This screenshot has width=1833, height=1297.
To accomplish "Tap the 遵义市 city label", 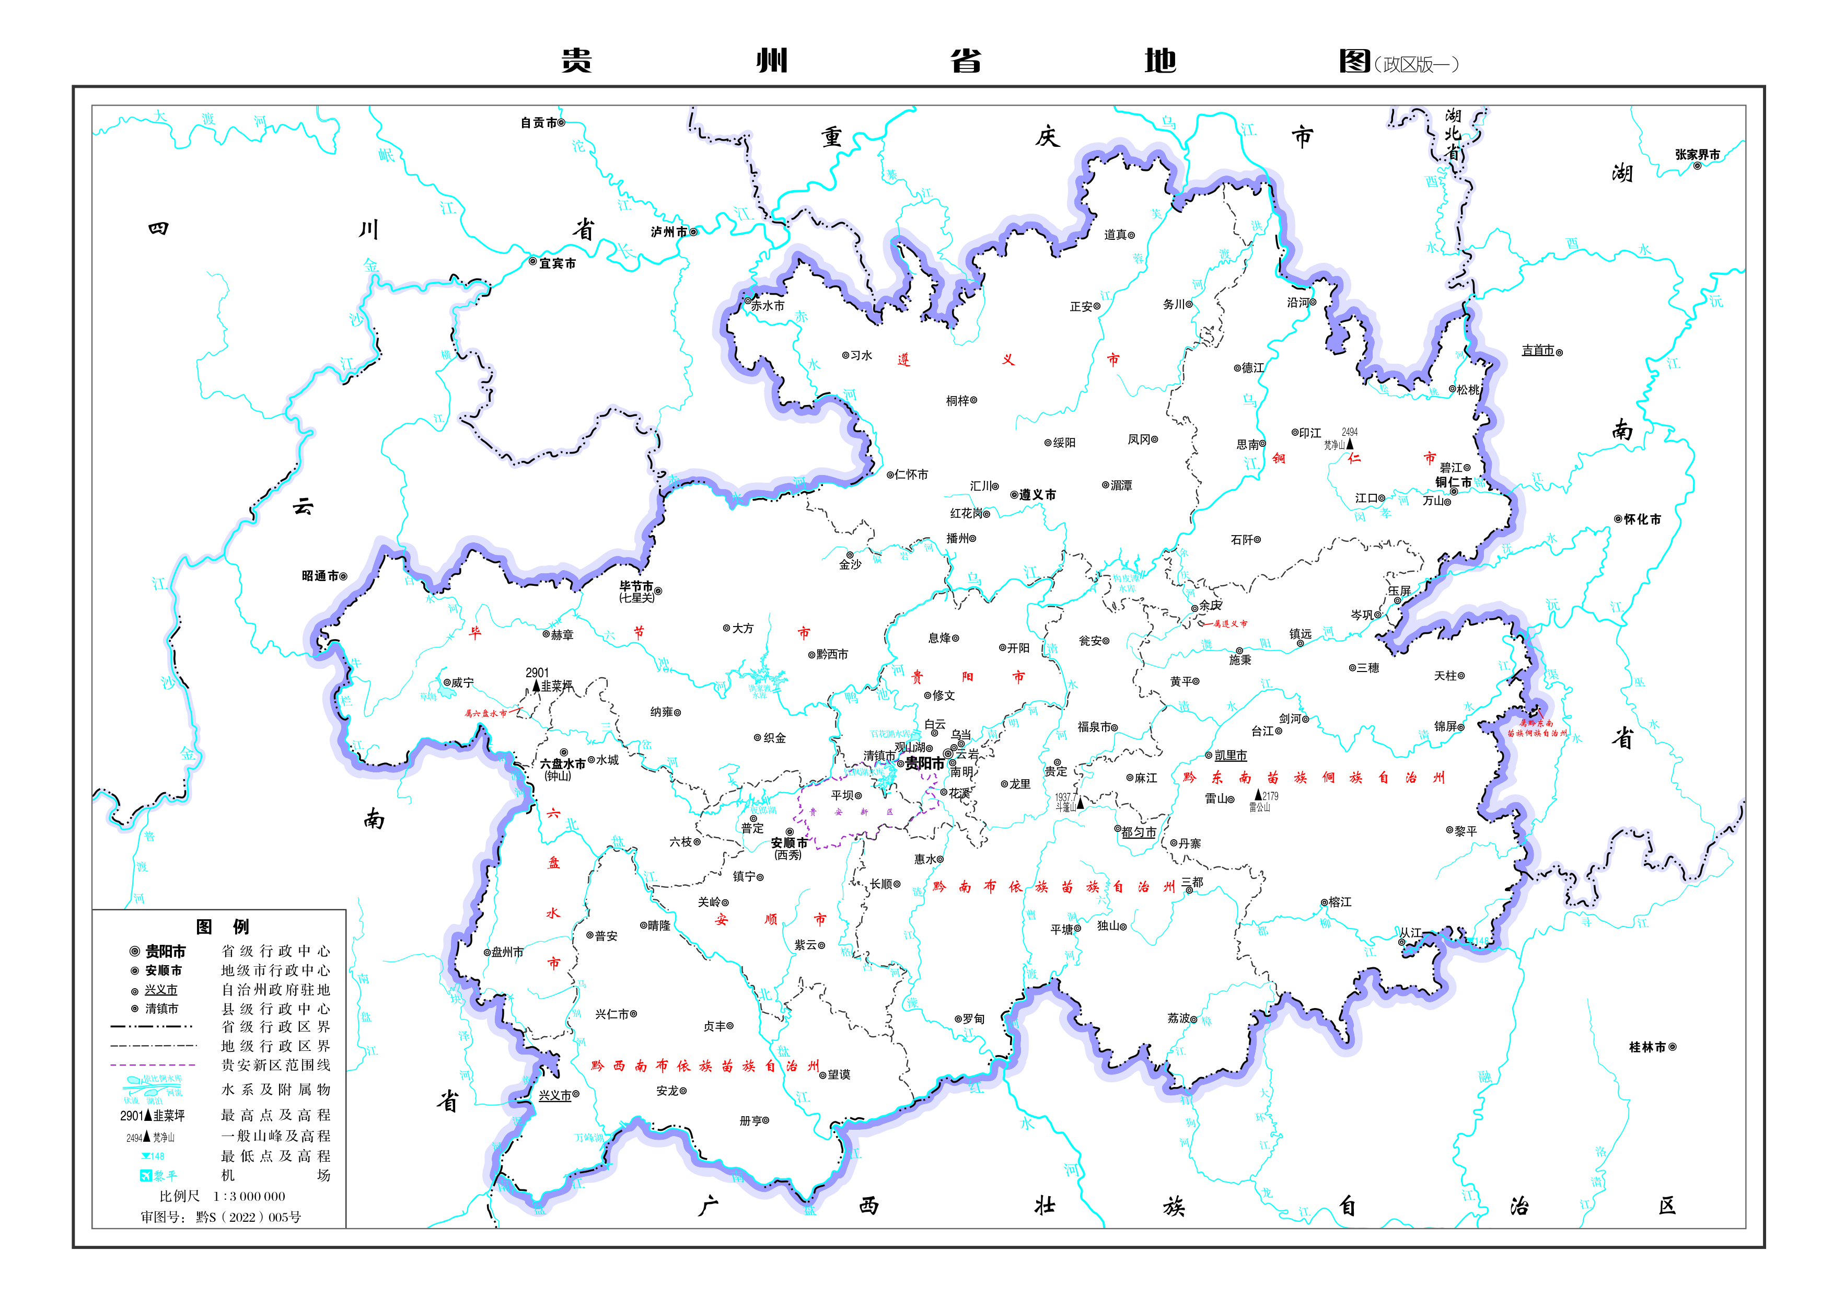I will (1037, 495).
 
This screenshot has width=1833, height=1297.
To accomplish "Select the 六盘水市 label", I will (562, 765).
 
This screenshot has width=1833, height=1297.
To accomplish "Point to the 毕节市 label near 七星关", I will (636, 586).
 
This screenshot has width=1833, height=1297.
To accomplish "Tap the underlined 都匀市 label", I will (1139, 832).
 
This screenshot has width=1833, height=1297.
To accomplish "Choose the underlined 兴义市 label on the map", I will (555, 1096).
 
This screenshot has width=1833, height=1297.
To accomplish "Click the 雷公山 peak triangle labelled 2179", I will (1259, 795).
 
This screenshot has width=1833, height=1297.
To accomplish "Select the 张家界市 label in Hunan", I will (1697, 155).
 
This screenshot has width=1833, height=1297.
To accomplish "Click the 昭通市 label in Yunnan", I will (320, 576).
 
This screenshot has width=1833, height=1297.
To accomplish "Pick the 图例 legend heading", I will (222, 927).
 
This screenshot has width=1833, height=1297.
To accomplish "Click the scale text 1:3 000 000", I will (248, 1196).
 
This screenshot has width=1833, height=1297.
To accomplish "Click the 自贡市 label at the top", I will (538, 123).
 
